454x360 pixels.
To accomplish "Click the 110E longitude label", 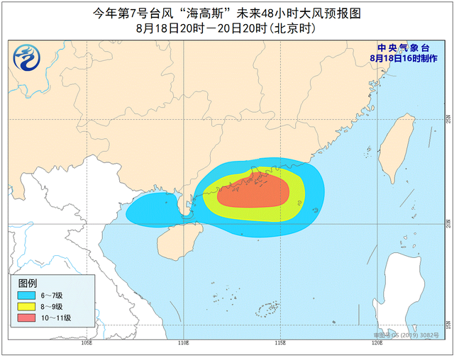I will (183, 343).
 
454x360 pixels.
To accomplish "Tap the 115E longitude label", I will (280, 343).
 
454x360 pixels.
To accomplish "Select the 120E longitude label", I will (377, 343).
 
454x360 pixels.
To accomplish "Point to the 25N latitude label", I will (448, 118).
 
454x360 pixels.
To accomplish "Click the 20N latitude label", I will (448, 223).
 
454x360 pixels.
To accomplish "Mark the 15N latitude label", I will (448, 324).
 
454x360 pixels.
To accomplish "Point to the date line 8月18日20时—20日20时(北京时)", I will (226, 29).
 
